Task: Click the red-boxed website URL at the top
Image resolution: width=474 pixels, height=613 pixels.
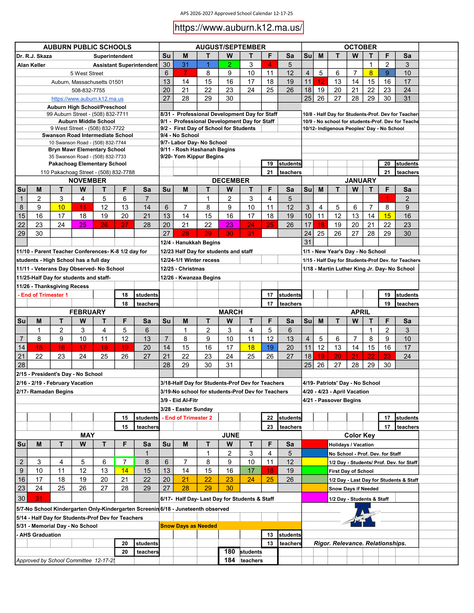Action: (x=238, y=28)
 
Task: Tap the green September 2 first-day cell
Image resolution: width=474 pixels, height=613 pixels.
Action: (x=229, y=65)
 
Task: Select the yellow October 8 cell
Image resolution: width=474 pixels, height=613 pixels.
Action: (x=371, y=73)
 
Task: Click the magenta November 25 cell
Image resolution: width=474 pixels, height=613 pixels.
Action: (x=83, y=225)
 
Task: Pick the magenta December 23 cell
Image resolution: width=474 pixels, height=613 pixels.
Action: (x=229, y=225)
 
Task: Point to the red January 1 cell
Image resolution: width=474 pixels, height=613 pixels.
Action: (x=387, y=199)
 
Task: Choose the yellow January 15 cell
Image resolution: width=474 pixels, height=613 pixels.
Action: (x=387, y=216)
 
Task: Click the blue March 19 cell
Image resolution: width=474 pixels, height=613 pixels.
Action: (x=270, y=347)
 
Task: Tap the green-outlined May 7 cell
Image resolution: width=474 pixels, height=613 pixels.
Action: (x=124, y=462)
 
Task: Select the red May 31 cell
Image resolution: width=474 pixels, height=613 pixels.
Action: (x=39, y=498)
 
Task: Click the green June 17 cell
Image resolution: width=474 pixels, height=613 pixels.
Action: (x=251, y=470)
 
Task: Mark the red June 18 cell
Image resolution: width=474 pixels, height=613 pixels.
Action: (x=270, y=470)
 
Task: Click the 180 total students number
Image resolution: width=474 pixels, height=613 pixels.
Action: (x=229, y=551)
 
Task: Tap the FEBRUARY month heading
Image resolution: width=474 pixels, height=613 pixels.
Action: (x=87, y=312)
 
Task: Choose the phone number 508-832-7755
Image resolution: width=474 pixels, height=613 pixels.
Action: (x=88, y=90)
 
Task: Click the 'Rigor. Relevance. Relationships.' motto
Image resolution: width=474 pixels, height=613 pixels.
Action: (x=360, y=543)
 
